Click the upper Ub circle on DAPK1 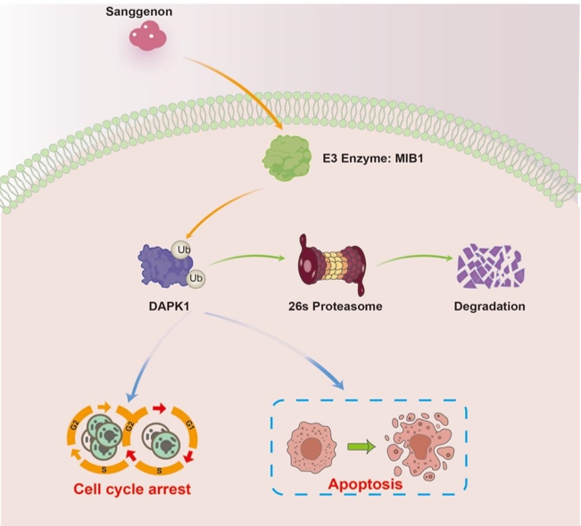[181, 250]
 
